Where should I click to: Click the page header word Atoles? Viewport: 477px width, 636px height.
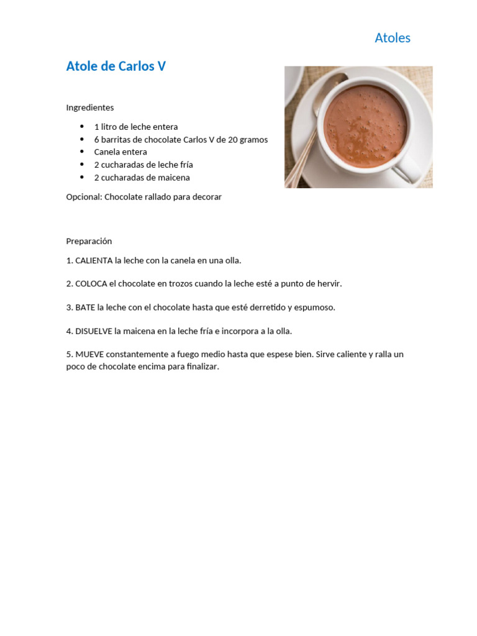[392, 38]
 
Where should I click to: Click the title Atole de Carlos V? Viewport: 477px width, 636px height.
[116, 66]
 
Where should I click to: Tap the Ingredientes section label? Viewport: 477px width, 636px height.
[90, 107]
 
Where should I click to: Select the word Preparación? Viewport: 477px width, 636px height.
[89, 241]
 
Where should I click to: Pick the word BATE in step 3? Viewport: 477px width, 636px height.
[86, 307]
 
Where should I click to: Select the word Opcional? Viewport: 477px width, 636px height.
[84, 197]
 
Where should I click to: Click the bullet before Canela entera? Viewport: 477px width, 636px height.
[81, 152]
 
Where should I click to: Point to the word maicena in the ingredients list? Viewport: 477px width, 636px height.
[174, 178]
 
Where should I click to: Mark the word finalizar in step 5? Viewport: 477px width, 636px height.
[199, 366]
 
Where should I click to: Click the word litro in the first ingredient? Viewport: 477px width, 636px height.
[111, 127]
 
